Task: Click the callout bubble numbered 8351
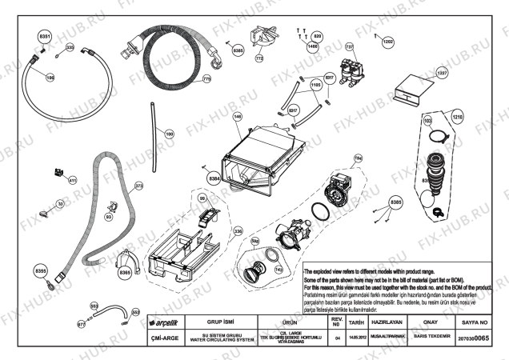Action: click(46, 37)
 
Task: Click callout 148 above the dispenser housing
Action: click(238, 117)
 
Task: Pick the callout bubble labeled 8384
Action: click(214, 178)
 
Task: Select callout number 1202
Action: click(387, 41)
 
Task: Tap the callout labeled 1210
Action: click(456, 118)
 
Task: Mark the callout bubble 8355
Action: click(41, 271)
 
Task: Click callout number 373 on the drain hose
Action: click(138, 186)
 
